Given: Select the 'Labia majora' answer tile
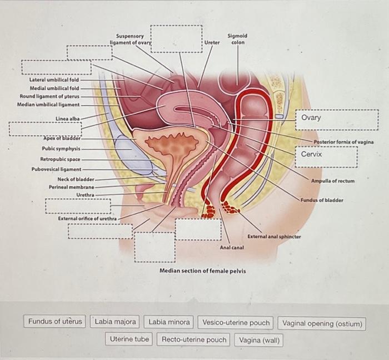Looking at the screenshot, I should coord(115,321).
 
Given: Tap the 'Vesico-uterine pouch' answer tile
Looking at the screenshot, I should coord(236,322).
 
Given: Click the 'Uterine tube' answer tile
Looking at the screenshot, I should coord(129,338).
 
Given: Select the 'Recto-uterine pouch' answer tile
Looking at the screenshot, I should coord(194,339).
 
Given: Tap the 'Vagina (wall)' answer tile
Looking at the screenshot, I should coord(259,339).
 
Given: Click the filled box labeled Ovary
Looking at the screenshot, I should coord(336,119).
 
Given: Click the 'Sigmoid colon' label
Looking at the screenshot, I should coord(237,39).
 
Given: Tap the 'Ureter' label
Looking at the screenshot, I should coord(212,42).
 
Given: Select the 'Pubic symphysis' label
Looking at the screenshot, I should coord(61,149).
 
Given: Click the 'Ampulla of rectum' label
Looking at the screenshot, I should coord(332,181).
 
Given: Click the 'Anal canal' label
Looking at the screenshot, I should coord(232,246).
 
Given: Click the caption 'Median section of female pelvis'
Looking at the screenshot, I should coord(202,270).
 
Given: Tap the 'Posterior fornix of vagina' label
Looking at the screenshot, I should coord(343,142).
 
